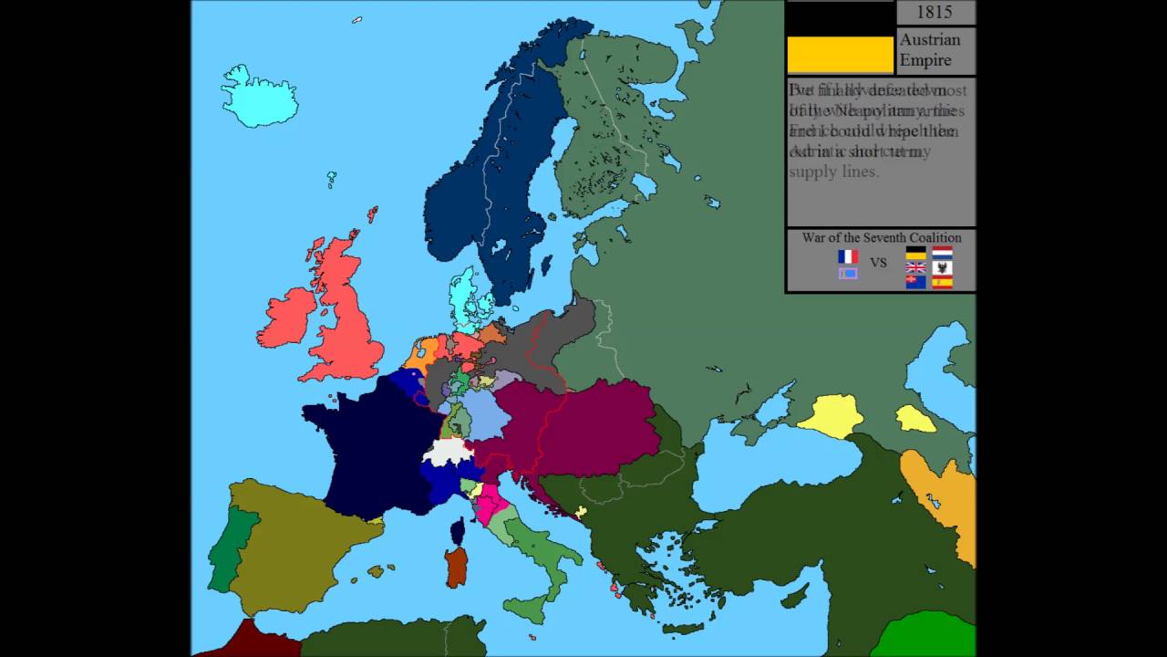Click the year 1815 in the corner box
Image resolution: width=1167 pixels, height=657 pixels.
935,12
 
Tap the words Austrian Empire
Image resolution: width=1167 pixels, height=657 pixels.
929,50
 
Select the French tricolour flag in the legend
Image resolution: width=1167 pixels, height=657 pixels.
848,256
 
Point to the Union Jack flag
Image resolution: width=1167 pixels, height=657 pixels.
915,268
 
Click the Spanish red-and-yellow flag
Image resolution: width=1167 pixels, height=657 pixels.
943,282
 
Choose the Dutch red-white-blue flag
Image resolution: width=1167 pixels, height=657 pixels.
943,253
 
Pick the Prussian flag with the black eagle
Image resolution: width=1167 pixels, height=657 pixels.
943,267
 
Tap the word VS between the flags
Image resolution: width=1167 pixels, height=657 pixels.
878,263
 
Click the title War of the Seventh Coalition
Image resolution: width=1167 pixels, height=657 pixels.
881,238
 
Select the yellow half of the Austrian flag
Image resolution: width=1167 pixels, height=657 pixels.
840,55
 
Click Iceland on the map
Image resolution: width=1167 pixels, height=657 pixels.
259,97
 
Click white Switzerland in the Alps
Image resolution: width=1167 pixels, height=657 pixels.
448,451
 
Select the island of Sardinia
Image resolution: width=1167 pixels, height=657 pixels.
457,566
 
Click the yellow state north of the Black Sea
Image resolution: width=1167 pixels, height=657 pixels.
831,416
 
